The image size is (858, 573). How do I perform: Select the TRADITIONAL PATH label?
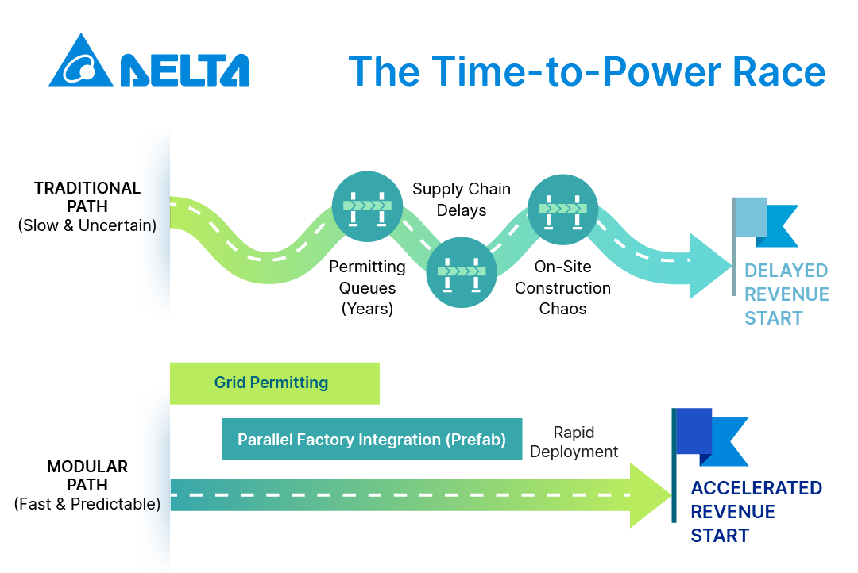pyautogui.click(x=87, y=206)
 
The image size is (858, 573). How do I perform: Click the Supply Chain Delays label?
pyautogui.click(x=462, y=199)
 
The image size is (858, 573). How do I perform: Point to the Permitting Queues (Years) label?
pyautogui.click(x=367, y=287)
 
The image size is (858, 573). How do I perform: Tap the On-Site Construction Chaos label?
pyautogui.click(x=562, y=287)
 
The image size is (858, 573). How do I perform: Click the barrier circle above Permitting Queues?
pyautogui.click(x=367, y=206)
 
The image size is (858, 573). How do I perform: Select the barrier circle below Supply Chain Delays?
pyautogui.click(x=462, y=272)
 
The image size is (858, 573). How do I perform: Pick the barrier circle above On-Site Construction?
pyautogui.click(x=562, y=210)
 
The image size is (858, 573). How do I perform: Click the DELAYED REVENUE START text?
pyautogui.click(x=786, y=294)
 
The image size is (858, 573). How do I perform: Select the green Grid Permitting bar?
pyautogui.click(x=275, y=383)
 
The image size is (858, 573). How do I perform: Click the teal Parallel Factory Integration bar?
pyautogui.click(x=372, y=439)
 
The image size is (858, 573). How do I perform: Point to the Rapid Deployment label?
pyautogui.click(x=574, y=442)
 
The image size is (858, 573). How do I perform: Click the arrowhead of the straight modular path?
pyautogui.click(x=651, y=495)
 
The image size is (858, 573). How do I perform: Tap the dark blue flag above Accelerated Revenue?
pyautogui.click(x=709, y=437)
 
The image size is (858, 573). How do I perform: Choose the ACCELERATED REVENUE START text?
pyautogui.click(x=756, y=511)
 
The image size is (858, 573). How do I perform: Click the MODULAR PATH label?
pyautogui.click(x=87, y=485)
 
